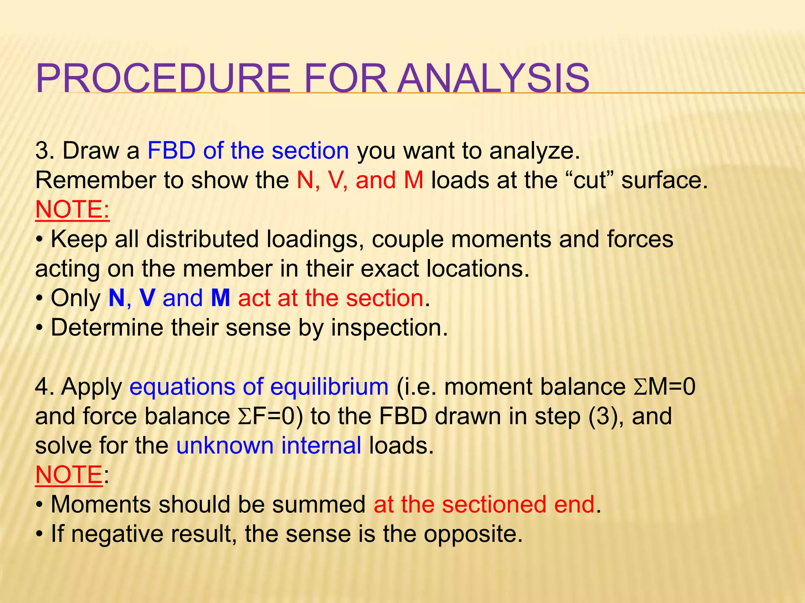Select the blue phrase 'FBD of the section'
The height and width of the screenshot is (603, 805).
(248, 151)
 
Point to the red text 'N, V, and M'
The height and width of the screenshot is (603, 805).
(360, 181)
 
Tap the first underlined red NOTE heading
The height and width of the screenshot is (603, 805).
(72, 210)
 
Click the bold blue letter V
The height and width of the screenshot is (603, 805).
(147, 298)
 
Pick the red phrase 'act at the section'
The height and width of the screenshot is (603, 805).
(331, 298)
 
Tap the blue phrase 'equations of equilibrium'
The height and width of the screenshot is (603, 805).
(259, 387)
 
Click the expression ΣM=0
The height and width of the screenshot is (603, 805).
(664, 387)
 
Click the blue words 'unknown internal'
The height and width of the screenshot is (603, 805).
(268, 446)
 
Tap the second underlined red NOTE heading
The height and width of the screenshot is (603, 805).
(69, 475)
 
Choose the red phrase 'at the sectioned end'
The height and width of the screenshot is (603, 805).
(484, 505)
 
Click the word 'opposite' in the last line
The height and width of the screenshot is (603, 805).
(472, 534)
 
